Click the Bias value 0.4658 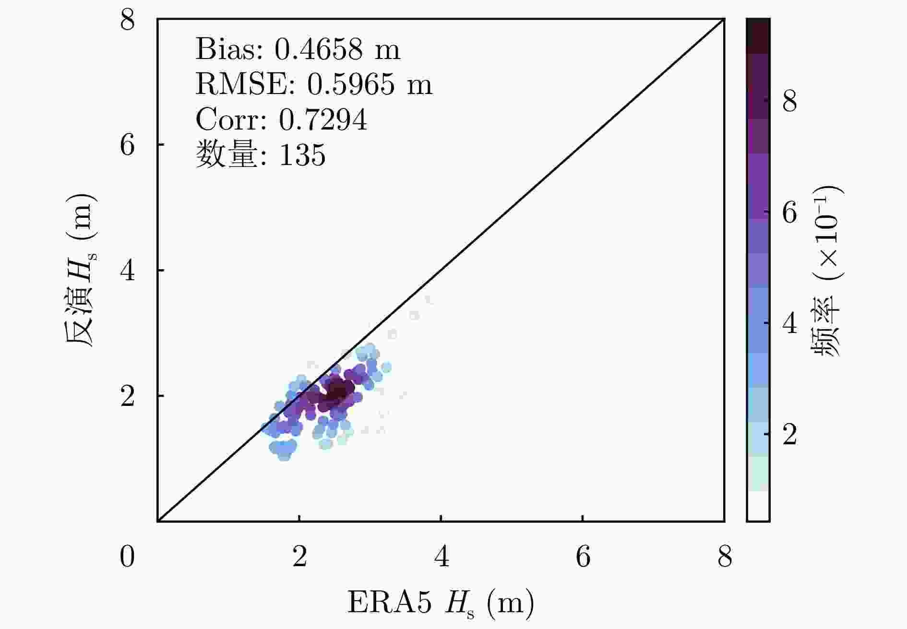point(318,49)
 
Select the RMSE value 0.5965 point(351,84)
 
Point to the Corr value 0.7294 point(322,119)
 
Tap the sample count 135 point(302,155)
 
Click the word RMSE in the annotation point(245,84)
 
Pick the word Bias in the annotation point(229,49)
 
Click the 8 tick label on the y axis point(128,20)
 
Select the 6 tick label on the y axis point(128,144)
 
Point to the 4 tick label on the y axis point(128,271)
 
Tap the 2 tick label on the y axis point(128,396)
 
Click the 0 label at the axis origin point(127,557)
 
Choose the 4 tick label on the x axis point(441,557)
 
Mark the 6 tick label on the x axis point(583,557)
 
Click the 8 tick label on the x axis point(725,557)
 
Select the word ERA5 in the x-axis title point(389,603)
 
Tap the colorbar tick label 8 point(789,101)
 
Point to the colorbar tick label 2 point(789,435)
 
